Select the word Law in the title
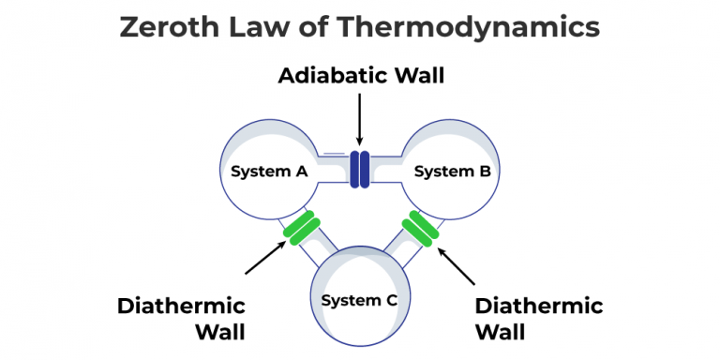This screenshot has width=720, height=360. tap(264, 27)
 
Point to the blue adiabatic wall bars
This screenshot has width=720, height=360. tap(359, 168)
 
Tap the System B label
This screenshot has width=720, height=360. tap(446, 171)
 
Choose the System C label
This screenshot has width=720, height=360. tap(360, 300)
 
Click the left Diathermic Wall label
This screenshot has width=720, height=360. tap(181, 319)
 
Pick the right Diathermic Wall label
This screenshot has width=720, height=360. tap(539, 319)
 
